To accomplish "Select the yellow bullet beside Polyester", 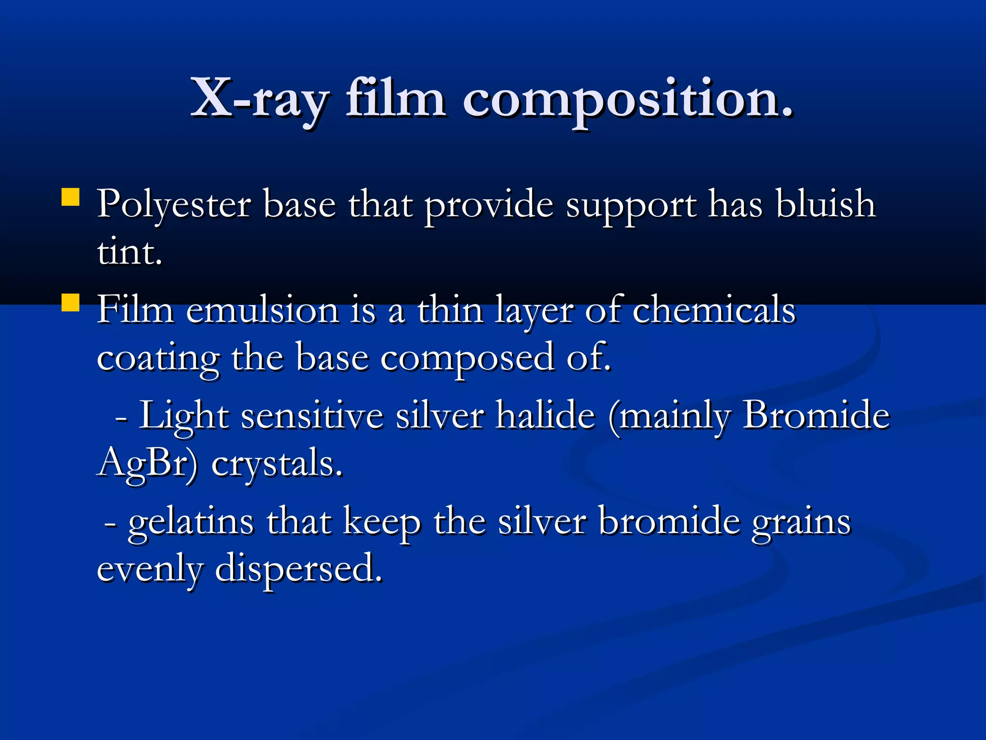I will coord(71,198).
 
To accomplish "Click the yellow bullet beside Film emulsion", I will coord(71,303).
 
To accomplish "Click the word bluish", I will coord(825,204).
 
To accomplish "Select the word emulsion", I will coord(262,310).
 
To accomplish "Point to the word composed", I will coord(467,358).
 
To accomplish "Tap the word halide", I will coord(545,415).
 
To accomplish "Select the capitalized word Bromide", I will coord(816,415).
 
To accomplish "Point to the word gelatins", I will coord(191,522).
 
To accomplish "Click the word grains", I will coord(801,522).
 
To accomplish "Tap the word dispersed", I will coord(298,568).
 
